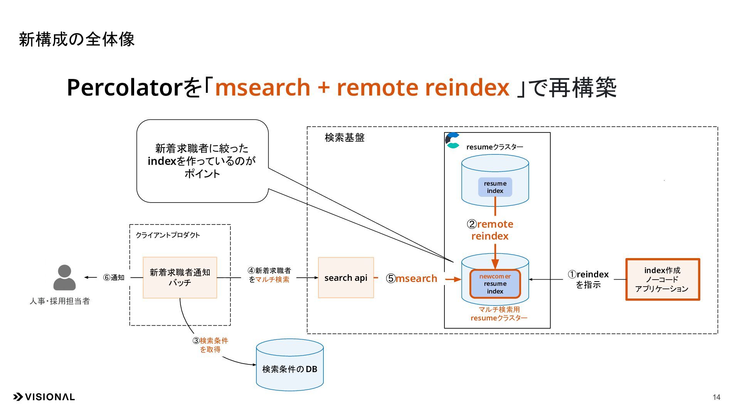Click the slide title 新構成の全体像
point(77,39)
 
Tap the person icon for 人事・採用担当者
point(64,277)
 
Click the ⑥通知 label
point(114,277)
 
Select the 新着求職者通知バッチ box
point(180,278)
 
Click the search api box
point(346,278)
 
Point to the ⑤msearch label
point(412,278)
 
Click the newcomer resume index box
point(495,284)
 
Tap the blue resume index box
point(495,187)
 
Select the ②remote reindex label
point(490,230)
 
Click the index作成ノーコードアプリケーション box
point(663,279)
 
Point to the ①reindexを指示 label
point(588,279)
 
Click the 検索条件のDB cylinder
point(290,365)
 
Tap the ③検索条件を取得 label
point(210,345)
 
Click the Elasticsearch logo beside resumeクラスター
point(452,141)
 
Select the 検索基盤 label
point(345,138)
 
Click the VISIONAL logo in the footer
point(44,397)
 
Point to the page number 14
point(716,397)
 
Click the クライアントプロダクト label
point(168,235)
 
